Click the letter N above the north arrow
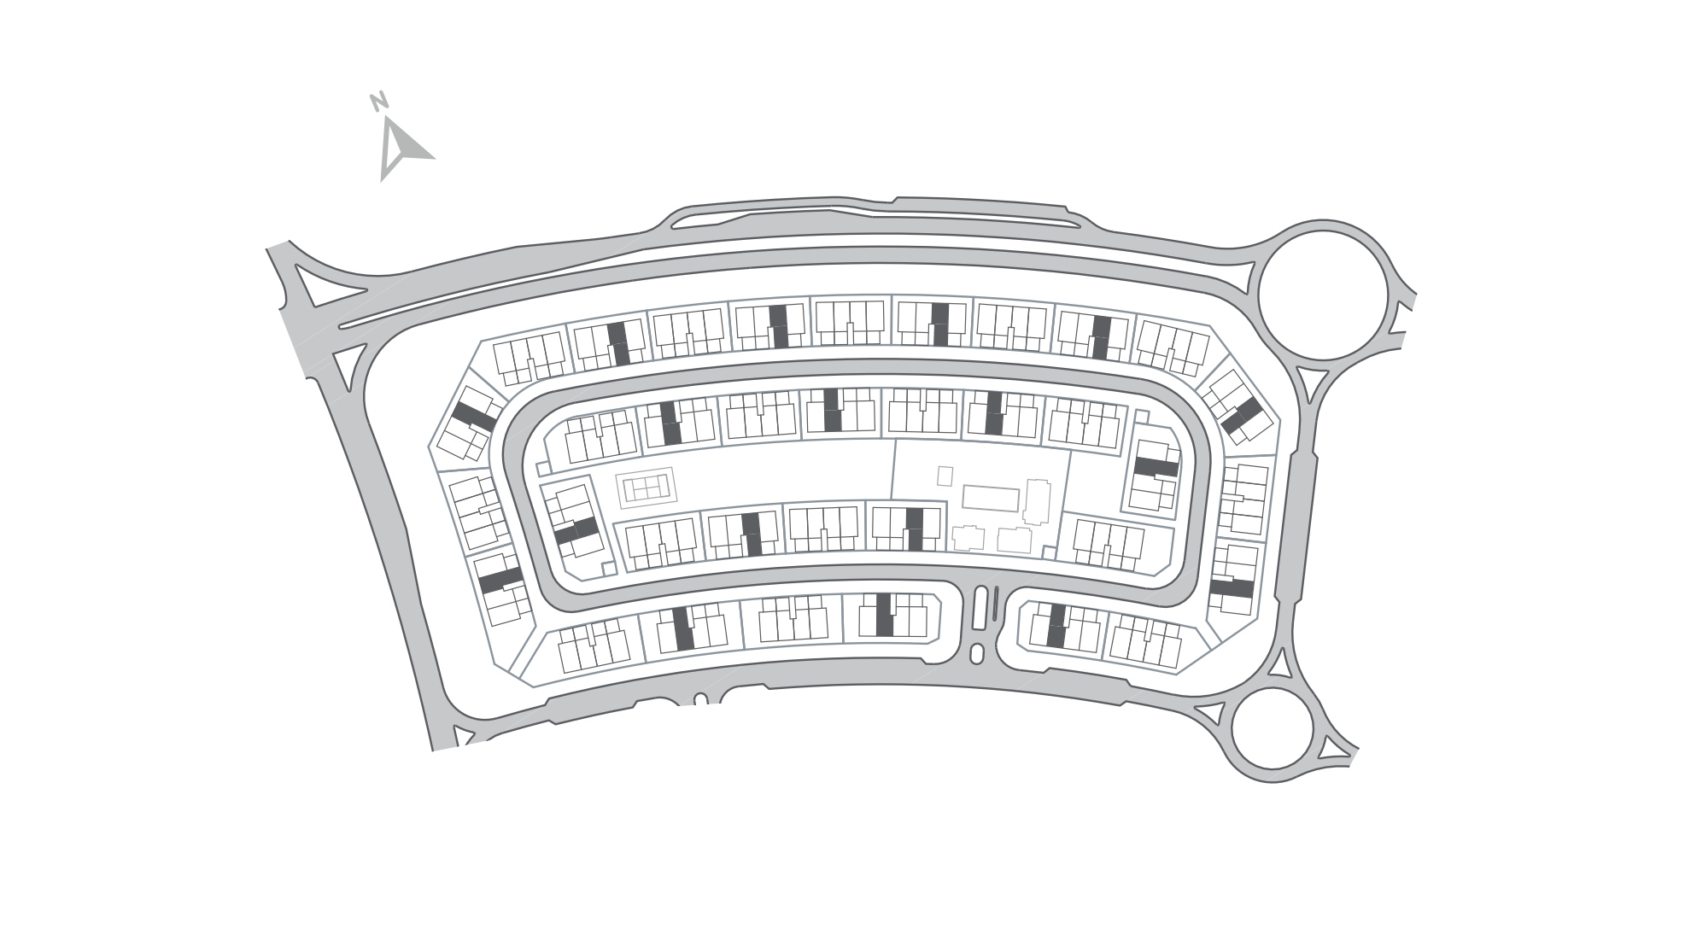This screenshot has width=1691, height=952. tap(379, 101)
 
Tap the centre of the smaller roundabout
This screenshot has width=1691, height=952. tap(1272, 730)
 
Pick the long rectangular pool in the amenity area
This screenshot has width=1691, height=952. tap(991, 498)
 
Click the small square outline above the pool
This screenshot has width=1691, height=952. tap(945, 475)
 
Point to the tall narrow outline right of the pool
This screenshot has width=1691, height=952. tap(1037, 502)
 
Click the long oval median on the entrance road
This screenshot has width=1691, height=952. tap(980, 608)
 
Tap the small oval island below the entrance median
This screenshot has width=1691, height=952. tap(978, 654)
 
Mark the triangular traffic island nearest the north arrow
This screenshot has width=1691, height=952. tap(315, 285)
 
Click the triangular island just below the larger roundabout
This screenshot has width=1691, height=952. tap(1310, 384)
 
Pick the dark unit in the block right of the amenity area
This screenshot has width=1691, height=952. tap(1156, 467)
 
